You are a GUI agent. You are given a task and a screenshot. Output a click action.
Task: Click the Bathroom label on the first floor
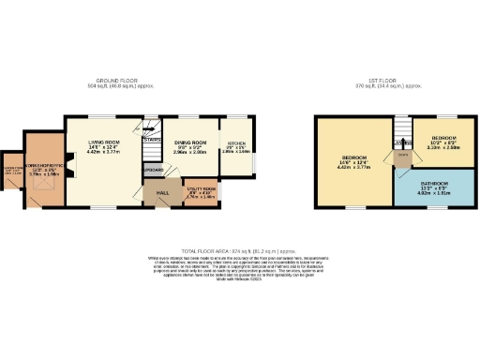click(436, 183)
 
